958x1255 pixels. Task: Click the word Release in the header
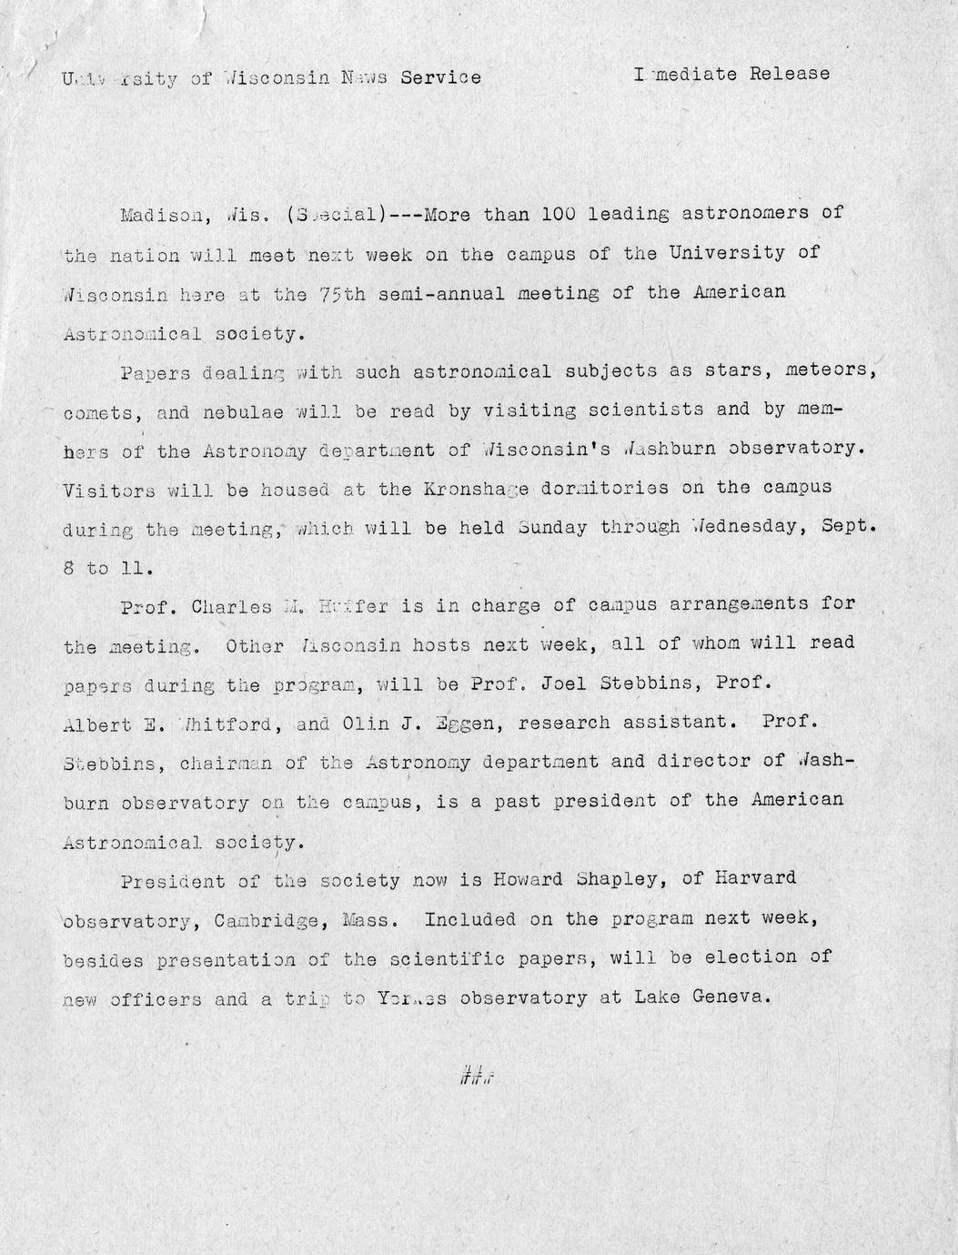789,74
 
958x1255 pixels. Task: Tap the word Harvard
753,877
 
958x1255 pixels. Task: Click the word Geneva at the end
731,997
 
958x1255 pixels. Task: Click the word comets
100,412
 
